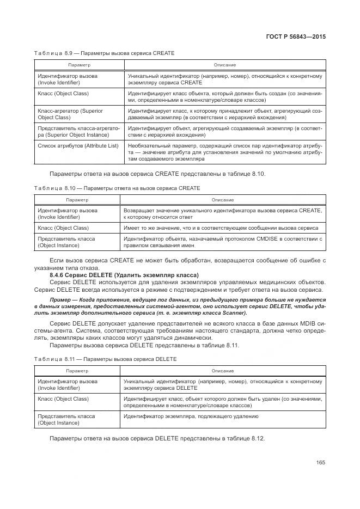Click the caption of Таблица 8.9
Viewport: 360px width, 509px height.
pyautogui.click(x=104, y=53)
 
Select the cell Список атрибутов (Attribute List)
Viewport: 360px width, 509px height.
pyautogui.click(x=78, y=146)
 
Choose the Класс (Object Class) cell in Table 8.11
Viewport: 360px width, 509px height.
pyautogui.click(x=63, y=399)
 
